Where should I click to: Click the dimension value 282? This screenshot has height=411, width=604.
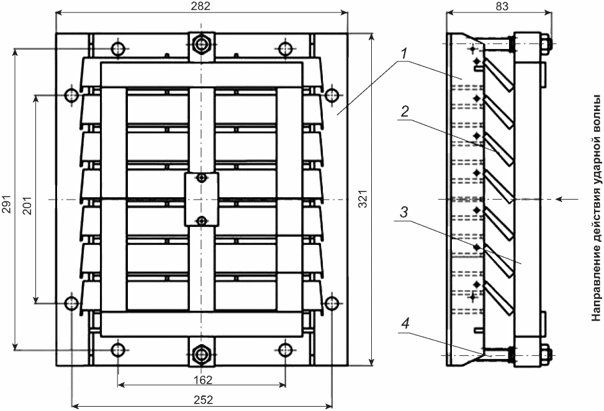click(x=201, y=6)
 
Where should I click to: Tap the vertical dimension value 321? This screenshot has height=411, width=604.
click(x=363, y=198)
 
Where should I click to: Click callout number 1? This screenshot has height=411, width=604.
click(x=403, y=55)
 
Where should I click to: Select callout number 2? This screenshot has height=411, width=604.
click(x=405, y=112)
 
